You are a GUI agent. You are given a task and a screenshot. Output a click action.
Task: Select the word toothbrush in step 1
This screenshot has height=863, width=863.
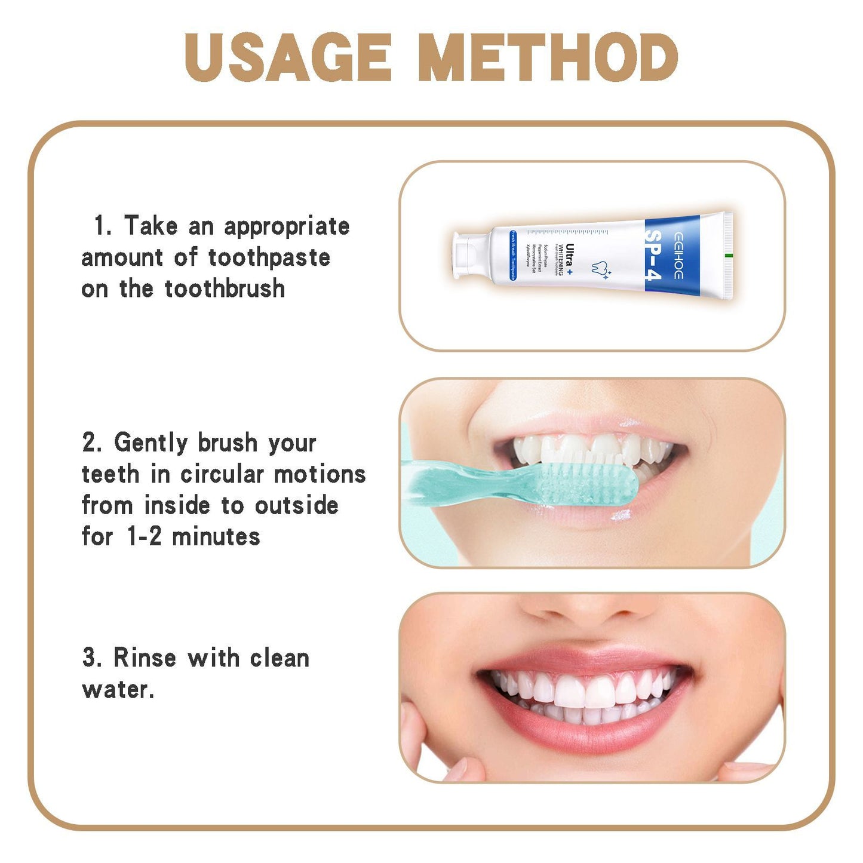225,289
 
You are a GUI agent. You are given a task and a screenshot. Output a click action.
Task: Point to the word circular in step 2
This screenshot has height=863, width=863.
222,475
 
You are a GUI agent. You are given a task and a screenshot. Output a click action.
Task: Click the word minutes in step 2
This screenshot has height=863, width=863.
216,537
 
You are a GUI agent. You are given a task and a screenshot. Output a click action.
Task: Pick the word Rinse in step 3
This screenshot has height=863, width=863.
145,658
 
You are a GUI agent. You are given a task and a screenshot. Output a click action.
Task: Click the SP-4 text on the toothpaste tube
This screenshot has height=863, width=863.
653,255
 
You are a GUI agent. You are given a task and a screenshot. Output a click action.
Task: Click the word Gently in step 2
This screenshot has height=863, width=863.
152,443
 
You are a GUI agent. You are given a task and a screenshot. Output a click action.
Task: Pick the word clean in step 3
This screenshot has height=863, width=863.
280,658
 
